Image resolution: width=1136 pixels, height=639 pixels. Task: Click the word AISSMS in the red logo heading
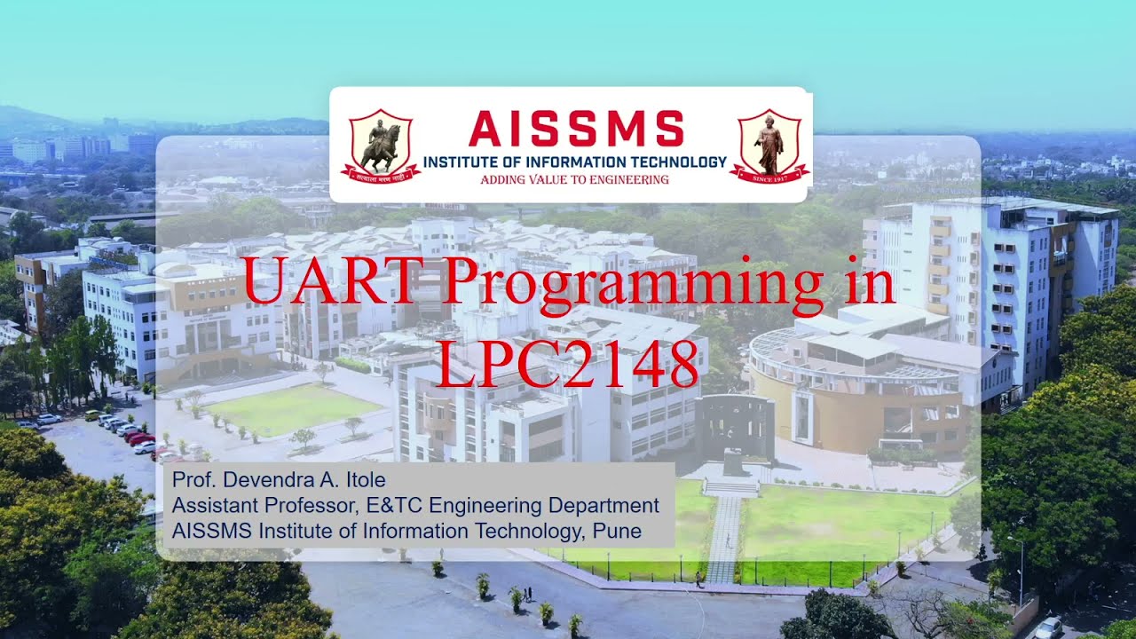click(576, 130)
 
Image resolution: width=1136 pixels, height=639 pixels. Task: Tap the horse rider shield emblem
click(380, 146)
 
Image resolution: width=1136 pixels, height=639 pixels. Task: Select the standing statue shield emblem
click(769, 146)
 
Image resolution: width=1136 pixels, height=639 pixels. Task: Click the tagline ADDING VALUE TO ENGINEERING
click(574, 179)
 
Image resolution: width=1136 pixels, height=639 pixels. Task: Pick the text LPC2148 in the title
click(568, 363)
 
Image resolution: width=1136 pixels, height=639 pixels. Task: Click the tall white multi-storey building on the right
click(994, 284)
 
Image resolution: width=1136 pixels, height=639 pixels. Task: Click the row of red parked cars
click(140, 438)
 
